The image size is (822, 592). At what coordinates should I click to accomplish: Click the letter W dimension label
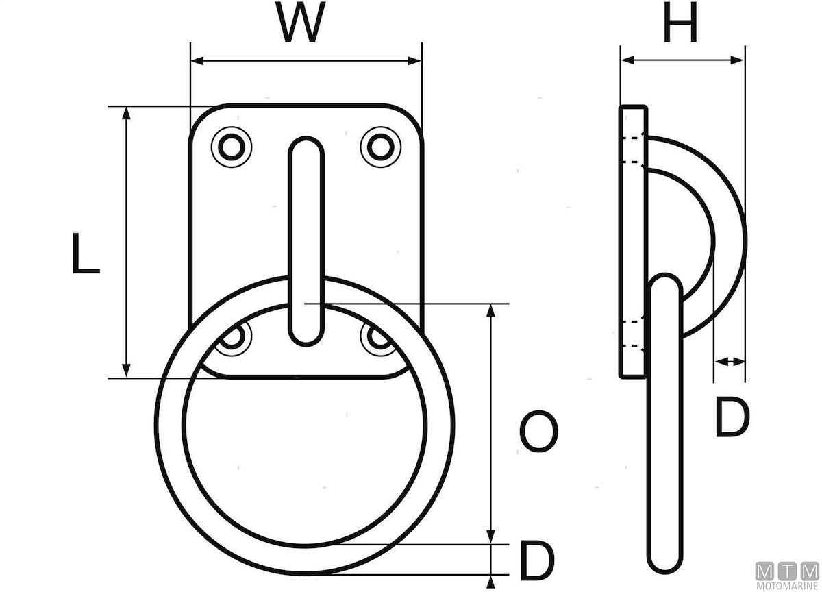pos(302,23)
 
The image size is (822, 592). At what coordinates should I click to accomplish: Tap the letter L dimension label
pos(85,253)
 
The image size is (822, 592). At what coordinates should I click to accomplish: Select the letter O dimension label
pos(539,432)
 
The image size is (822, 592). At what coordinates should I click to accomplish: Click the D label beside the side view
pos(732,417)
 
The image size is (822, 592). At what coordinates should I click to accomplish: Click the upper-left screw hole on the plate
pos(232,147)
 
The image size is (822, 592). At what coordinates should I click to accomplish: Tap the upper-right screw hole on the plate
pos(381,147)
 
